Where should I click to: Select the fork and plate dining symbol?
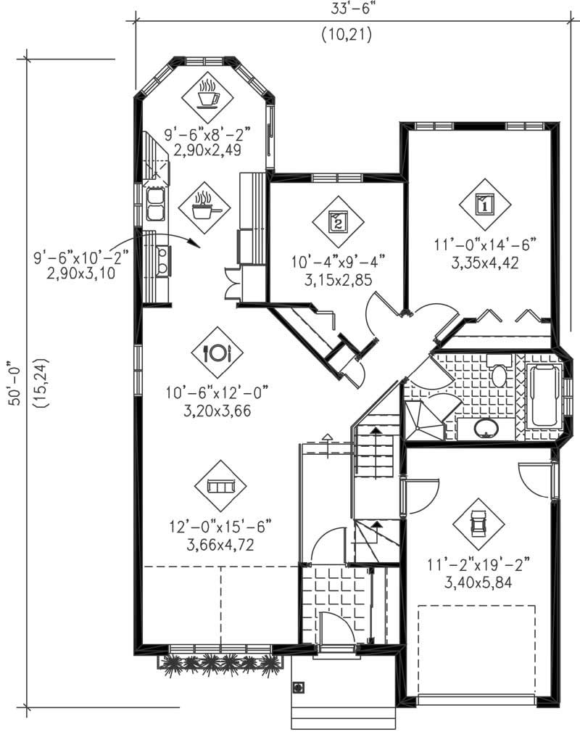pyautogui.click(x=217, y=352)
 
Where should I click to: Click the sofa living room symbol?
pyautogui.click(x=220, y=485)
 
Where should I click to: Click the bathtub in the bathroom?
pyautogui.click(x=545, y=396)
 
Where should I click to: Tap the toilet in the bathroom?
pyautogui.click(x=498, y=373)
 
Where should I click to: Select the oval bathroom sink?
pyautogui.click(x=486, y=428)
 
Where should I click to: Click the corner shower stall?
pyautogui.click(x=422, y=420)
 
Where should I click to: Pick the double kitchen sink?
pyautogui.click(x=155, y=203)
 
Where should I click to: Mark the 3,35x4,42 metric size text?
pyautogui.click(x=485, y=263)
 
